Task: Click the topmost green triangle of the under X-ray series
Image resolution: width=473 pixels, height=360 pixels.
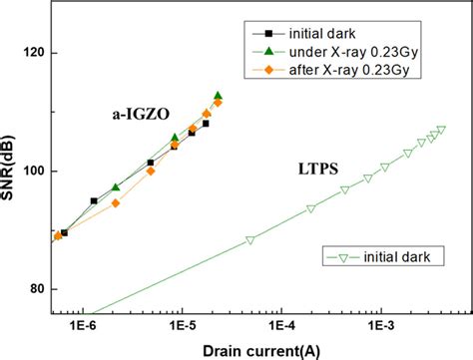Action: click(219, 95)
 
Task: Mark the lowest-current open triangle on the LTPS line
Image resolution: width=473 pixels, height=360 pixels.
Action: click(250, 240)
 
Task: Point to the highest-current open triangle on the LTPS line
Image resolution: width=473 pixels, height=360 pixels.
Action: click(441, 129)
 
